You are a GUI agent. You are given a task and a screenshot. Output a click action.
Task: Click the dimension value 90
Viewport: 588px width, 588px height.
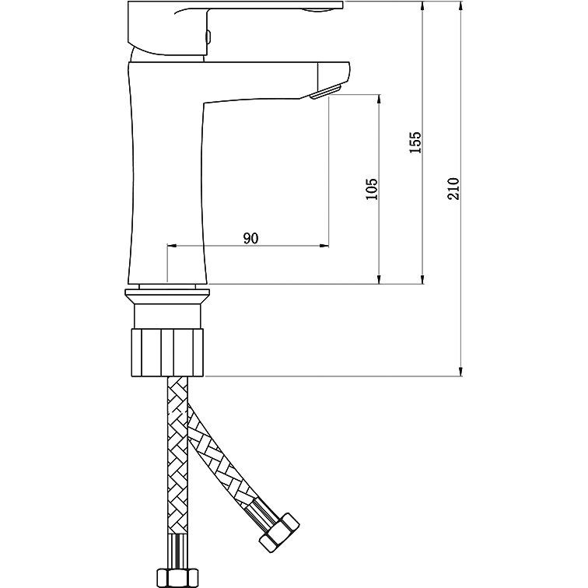pyautogui.click(x=250, y=238)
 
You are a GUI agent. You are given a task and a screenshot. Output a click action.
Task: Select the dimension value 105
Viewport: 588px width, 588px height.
pyautogui.click(x=372, y=189)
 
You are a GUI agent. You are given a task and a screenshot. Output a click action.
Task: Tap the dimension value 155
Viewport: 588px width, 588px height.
pyautogui.click(x=415, y=142)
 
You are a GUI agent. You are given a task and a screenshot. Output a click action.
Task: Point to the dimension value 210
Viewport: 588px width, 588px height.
pyautogui.click(x=453, y=189)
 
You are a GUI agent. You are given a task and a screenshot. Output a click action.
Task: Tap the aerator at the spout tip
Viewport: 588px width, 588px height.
pyautogui.click(x=325, y=93)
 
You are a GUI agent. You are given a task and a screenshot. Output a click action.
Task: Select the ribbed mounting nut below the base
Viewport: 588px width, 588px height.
pyautogui.click(x=167, y=352)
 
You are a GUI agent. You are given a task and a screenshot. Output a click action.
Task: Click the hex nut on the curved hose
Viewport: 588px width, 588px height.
pyautogui.click(x=279, y=533)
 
